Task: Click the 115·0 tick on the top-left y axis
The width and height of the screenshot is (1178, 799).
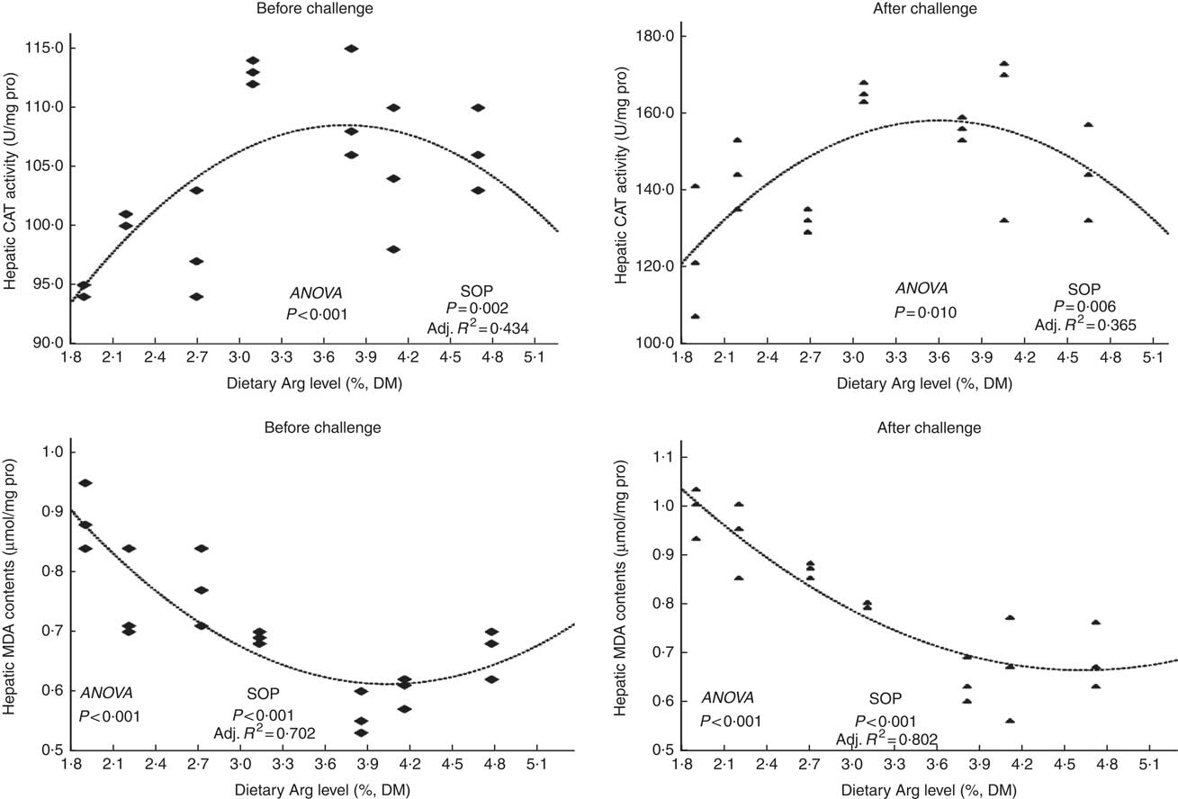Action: [x=32, y=49]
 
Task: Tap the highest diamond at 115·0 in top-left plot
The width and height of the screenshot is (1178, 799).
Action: [x=351, y=49]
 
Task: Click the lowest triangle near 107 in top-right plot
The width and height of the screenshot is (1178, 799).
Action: [x=695, y=316]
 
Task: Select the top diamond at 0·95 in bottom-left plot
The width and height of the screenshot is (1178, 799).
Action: [x=85, y=483]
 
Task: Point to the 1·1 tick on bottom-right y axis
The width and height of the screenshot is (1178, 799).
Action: [x=667, y=458]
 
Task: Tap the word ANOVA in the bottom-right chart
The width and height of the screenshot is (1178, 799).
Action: [x=727, y=697]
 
